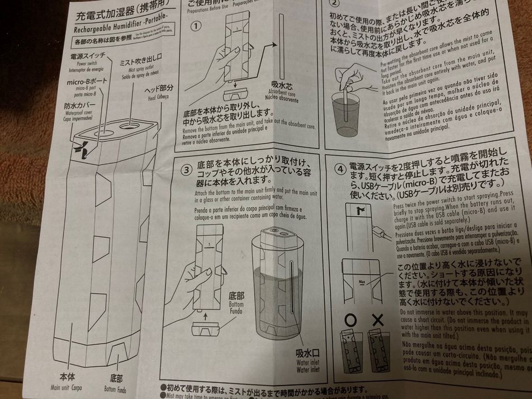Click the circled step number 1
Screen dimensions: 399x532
tap(196, 26)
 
